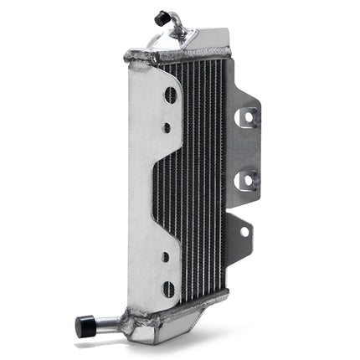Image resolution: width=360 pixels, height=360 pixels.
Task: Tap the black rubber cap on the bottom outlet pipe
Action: pyautogui.click(x=84, y=327)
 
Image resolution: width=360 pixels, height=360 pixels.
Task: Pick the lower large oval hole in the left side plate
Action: pyautogui.click(x=170, y=290)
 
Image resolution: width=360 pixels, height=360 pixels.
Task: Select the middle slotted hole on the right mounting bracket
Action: pyautogui.click(x=249, y=177)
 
